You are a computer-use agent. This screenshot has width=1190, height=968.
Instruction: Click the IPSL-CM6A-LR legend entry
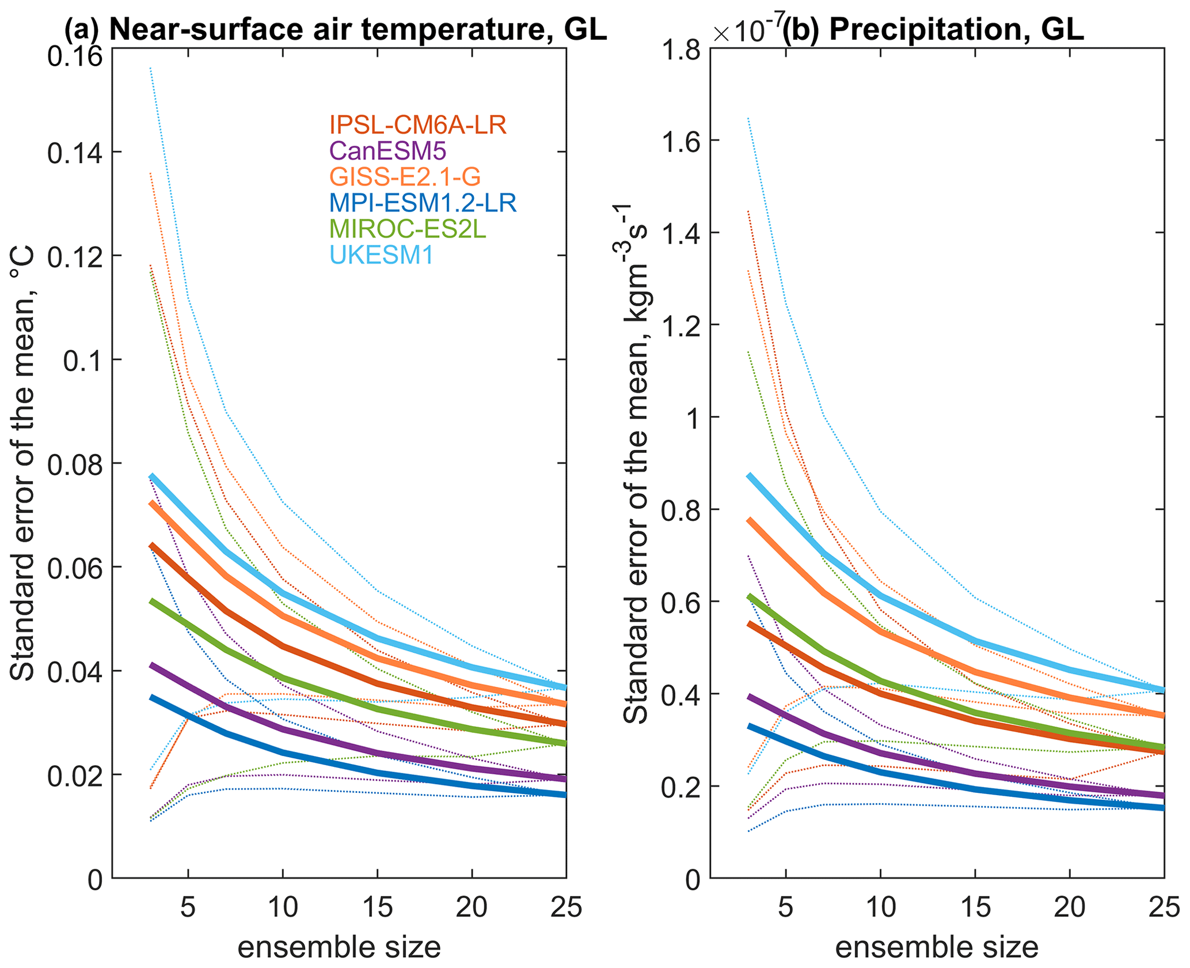pos(418,125)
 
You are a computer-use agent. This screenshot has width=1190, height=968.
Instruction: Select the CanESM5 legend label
pos(388,151)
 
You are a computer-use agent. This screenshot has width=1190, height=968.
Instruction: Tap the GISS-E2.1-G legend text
pos(405,177)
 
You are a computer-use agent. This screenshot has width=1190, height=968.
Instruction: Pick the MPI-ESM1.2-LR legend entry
pos(423,203)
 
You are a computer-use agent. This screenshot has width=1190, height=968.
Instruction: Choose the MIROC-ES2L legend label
pos(408,229)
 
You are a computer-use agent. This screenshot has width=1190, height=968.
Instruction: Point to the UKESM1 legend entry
pos(381,255)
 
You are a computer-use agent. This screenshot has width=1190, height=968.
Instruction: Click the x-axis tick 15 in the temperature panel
pos(377,907)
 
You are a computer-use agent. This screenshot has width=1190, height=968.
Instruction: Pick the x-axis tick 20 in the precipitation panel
pos(1069,907)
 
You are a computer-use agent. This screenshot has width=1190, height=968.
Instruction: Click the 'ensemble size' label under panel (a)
pos(339,947)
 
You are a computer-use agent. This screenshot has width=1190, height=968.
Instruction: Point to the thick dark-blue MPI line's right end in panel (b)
pos(1163,808)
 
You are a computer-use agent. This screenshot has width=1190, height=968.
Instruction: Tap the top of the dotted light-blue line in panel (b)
pos(748,119)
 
